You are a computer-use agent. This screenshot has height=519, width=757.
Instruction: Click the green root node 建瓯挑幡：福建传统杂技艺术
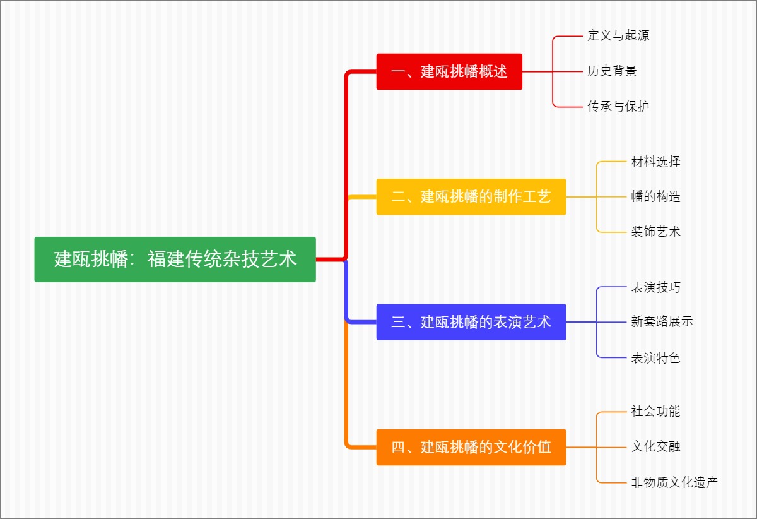175,259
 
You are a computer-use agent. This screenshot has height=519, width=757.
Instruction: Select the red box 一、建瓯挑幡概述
449,71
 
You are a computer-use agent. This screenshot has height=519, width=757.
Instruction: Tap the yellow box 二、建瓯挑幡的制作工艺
471,196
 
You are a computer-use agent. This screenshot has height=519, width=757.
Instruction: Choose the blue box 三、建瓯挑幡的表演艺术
471,322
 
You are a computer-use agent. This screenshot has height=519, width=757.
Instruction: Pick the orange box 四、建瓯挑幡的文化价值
471,447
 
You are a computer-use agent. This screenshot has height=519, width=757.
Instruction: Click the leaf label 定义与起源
618,36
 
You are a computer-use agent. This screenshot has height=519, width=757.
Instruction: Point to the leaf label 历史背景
612,71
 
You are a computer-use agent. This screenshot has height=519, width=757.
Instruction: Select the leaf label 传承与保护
618,107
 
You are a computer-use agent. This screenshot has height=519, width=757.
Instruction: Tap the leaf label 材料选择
656,162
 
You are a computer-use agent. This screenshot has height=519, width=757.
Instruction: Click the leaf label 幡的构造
656,196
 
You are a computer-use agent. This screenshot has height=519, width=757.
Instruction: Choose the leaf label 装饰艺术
656,232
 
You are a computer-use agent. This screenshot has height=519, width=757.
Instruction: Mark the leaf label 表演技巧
656,287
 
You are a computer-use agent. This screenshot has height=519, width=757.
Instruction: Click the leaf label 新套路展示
662,321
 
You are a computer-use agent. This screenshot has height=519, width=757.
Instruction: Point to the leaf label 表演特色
656,358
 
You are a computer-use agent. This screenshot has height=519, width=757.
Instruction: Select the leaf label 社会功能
656,412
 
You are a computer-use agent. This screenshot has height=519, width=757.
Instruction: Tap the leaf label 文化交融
656,447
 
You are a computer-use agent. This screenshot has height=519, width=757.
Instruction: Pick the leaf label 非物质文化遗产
674,483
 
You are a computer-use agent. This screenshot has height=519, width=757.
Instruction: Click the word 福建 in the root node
166,259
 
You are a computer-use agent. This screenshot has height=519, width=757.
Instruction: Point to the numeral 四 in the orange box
398,448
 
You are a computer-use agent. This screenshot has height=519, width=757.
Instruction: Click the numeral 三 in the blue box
398,323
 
